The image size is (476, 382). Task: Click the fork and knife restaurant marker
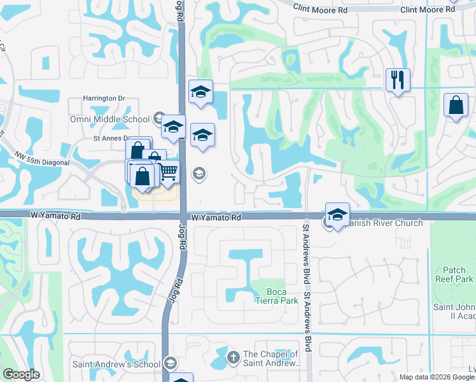click(x=398, y=80)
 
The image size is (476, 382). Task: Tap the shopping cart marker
click(x=167, y=172)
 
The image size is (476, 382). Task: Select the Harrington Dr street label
click(x=104, y=98)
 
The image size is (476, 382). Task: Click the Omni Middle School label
click(x=110, y=119)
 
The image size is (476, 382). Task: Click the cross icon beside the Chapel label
click(x=233, y=356)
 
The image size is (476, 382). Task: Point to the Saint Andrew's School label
click(x=116, y=364)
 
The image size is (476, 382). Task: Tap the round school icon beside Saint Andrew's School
click(x=170, y=364)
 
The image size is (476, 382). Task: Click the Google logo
click(x=22, y=374)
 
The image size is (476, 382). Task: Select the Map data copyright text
click(x=437, y=377)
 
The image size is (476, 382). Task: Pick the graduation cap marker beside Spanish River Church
click(x=338, y=214)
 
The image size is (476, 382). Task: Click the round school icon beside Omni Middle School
click(x=159, y=118)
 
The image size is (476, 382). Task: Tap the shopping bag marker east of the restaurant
click(x=456, y=106)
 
